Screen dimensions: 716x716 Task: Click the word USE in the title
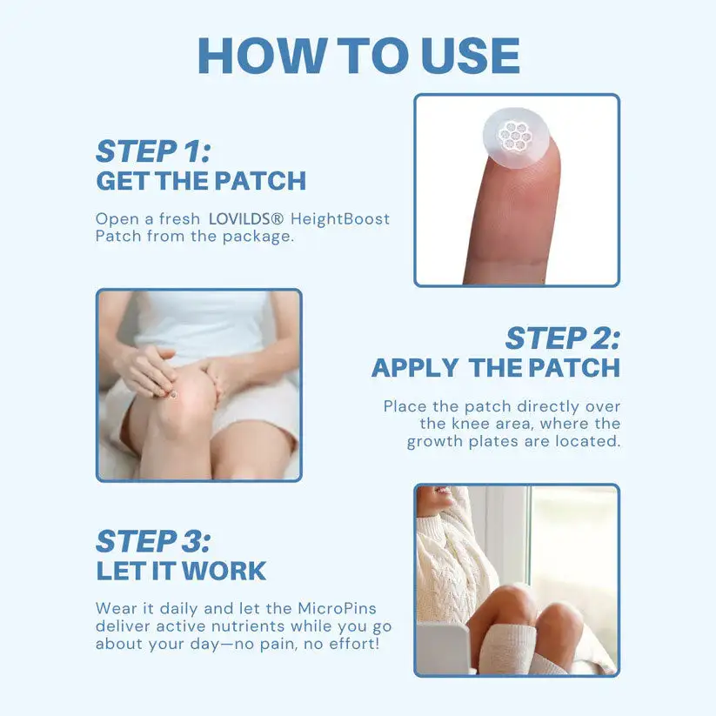pos(470,56)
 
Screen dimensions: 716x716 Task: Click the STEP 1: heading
pos(153,151)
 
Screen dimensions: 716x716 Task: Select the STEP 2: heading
pos(563,338)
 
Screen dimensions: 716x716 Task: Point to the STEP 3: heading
pos(153,541)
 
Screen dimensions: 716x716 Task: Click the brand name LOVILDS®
pos(246,219)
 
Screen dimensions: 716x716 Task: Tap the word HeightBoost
pos(340,219)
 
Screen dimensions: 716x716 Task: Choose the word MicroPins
pos(337,609)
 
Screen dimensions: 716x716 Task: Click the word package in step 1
pos(258,238)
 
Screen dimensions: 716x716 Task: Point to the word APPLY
pos(415,368)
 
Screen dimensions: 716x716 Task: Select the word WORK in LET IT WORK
pos(224,572)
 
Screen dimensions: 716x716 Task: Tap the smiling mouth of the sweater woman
pos(441,491)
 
